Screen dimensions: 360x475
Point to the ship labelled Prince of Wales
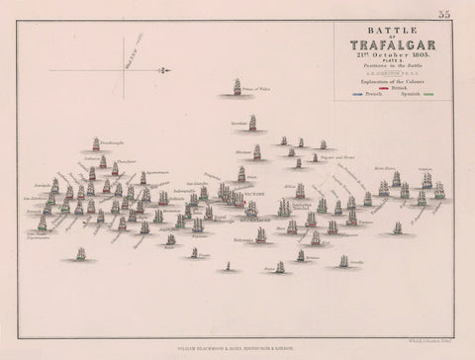(237, 87)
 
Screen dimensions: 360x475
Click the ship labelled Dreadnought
(96, 144)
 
